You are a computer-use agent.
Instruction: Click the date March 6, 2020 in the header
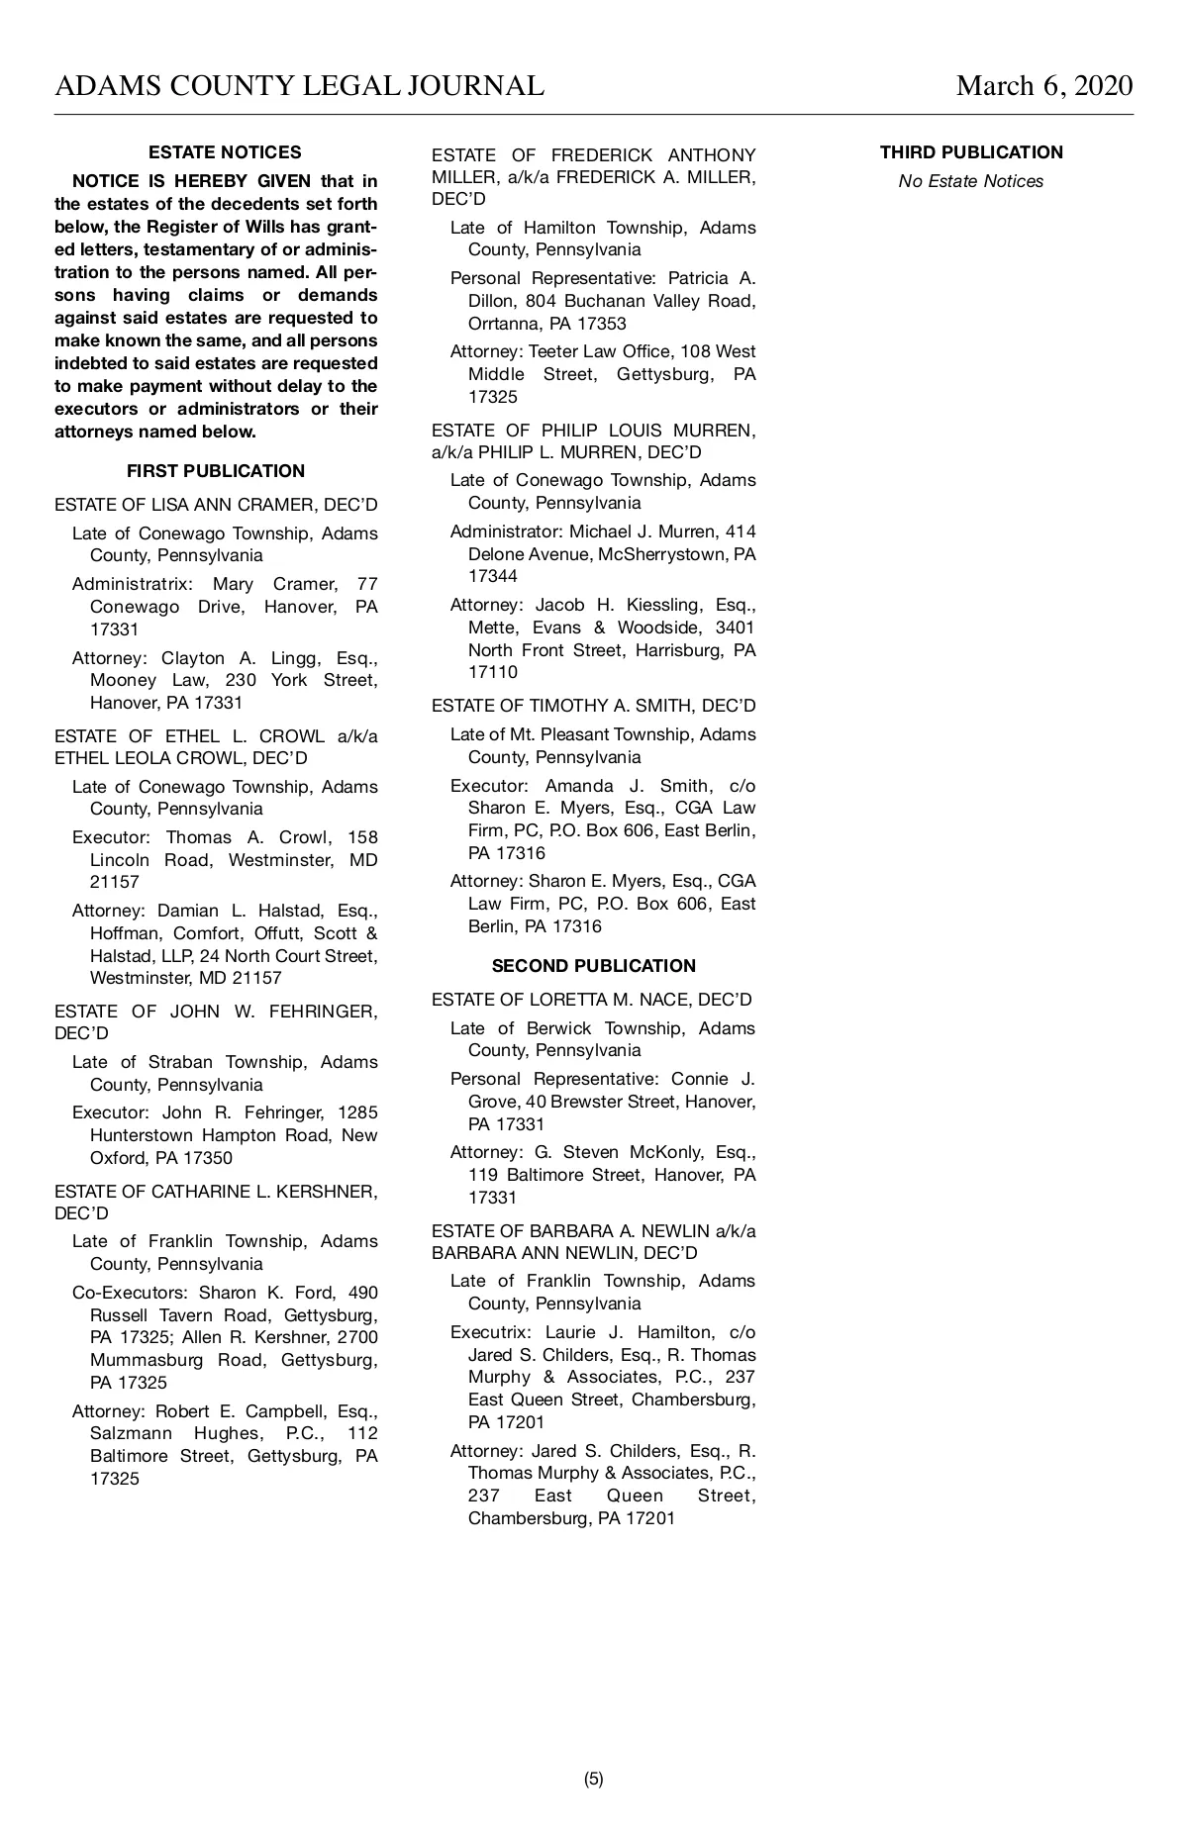[x=1043, y=86]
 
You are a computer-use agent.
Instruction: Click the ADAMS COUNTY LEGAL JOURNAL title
[x=299, y=86]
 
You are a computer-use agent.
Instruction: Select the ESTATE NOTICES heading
[x=225, y=152]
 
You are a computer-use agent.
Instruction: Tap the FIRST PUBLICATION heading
[x=216, y=471]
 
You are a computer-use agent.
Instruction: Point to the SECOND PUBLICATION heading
[x=594, y=966]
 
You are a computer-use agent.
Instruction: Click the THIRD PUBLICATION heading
[x=971, y=152]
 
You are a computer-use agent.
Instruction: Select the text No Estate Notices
[x=970, y=181]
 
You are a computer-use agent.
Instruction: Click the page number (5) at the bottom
[x=594, y=1779]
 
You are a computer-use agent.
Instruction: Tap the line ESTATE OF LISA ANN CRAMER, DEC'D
[x=216, y=505]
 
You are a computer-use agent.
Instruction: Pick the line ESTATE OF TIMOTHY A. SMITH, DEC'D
[x=594, y=706]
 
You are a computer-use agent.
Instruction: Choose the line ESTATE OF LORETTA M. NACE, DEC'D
[x=592, y=1000]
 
